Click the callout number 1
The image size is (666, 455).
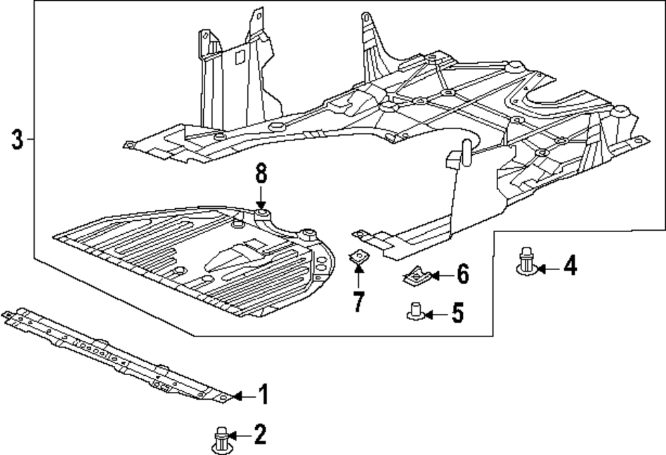point(264,394)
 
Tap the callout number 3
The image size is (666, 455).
point(17,139)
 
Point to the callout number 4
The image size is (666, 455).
point(571,266)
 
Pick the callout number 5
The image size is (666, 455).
point(458,313)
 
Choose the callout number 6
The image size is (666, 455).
point(463,273)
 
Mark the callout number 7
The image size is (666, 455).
point(359,301)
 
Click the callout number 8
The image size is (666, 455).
point(261,174)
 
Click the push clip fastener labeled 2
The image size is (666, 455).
point(220,441)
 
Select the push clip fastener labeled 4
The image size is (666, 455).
point(527,261)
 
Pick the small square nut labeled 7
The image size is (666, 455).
point(359,257)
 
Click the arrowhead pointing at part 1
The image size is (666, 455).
point(237,396)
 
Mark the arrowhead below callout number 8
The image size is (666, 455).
point(261,205)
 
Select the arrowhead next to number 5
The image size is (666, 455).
point(428,315)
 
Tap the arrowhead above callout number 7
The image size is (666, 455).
point(359,268)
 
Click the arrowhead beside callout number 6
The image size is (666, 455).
point(435,276)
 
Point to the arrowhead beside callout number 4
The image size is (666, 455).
point(542,269)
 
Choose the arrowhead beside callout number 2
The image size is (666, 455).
point(232,435)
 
